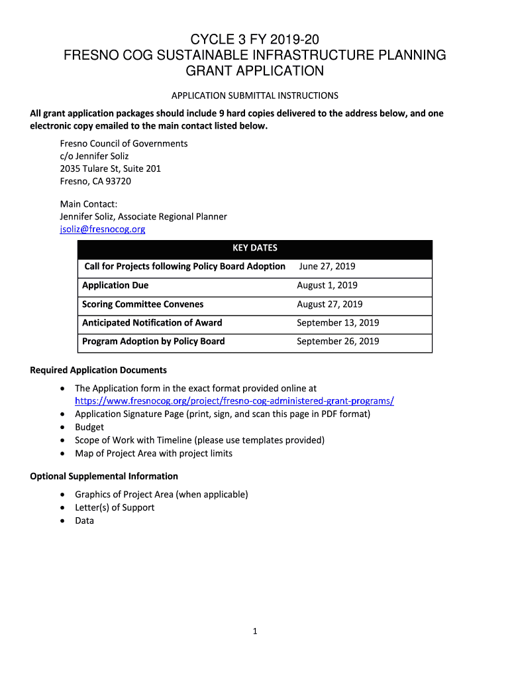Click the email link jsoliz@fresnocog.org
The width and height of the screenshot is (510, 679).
103,229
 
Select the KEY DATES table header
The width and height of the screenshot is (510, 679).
255,248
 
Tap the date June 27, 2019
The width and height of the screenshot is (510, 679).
327,267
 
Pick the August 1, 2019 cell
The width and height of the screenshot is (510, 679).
327,285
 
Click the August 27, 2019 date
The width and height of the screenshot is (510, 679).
330,304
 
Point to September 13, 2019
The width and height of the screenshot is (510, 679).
338,323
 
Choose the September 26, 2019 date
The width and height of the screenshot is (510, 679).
338,341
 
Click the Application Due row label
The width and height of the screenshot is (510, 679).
115,285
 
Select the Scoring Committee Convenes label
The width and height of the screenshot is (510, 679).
142,304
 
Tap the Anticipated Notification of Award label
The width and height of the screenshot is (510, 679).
152,323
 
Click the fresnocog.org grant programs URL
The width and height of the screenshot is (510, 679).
234,401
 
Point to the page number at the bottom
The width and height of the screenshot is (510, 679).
255,632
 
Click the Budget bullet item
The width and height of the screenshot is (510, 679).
89,427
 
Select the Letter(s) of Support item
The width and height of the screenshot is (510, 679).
115,507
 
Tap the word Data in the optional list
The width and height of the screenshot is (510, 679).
84,521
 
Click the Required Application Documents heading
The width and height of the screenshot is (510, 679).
99,370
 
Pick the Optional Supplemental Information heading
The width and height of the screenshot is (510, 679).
104,476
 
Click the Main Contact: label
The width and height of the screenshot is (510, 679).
89,204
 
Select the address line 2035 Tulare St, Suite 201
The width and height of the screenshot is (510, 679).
111,168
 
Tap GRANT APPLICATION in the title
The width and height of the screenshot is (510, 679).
255,70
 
